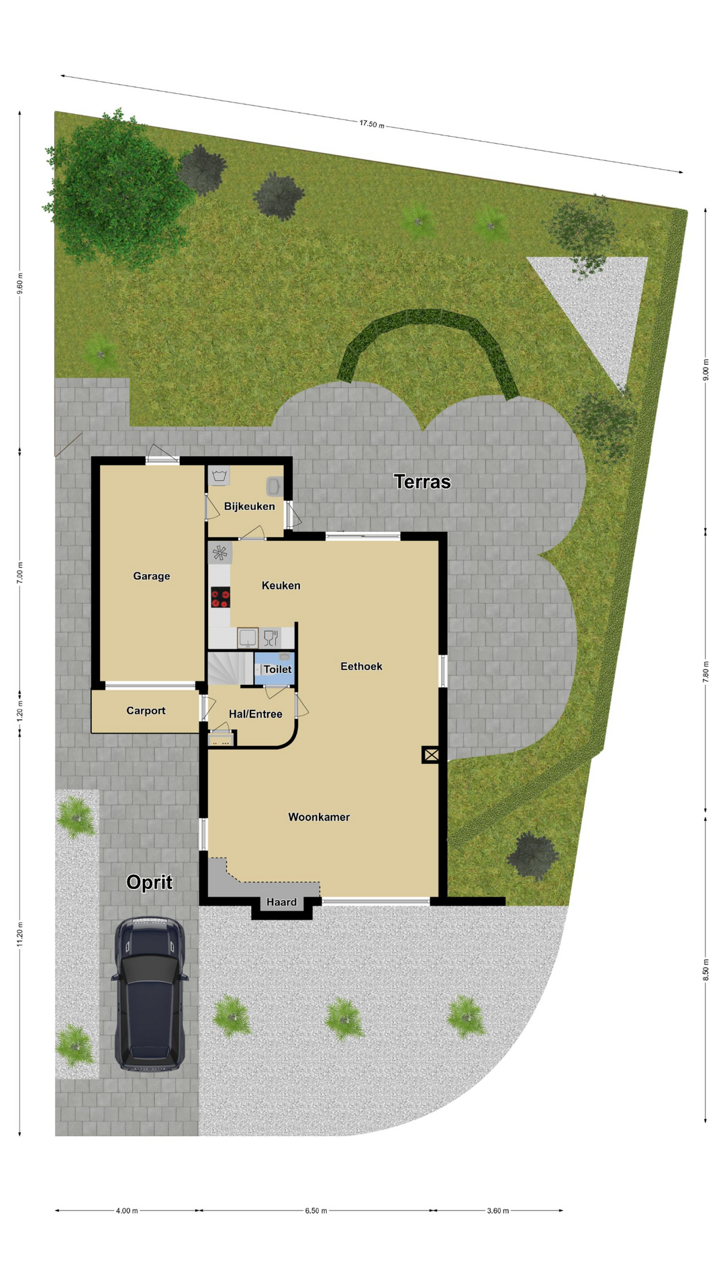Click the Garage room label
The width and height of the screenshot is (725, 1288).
coord(151,576)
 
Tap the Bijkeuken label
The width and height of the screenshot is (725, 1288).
coord(249,506)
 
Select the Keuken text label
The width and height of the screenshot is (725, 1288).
coord(281,586)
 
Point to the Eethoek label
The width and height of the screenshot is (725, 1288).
coord(361,666)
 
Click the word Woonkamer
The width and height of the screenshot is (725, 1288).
coord(319,817)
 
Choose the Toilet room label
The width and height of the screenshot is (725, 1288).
coord(277,669)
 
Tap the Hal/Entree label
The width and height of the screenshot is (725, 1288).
coord(255,714)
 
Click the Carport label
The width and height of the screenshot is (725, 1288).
coord(146,711)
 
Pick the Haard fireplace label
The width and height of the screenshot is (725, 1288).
coord(281,902)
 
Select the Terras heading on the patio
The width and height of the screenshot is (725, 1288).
coord(422,482)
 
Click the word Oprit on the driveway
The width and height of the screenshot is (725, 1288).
coord(149,883)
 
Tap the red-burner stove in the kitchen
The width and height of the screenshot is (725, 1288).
coord(220,597)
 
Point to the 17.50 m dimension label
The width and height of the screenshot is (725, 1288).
coord(372,124)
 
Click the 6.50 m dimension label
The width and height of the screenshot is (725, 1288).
coord(316,1211)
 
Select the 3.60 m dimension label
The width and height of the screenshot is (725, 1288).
coord(498,1211)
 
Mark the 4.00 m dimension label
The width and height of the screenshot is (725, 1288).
coord(127,1211)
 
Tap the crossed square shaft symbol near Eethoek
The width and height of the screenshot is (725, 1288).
coord(431,755)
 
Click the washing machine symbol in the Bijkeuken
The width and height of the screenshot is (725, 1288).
coord(220,476)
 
